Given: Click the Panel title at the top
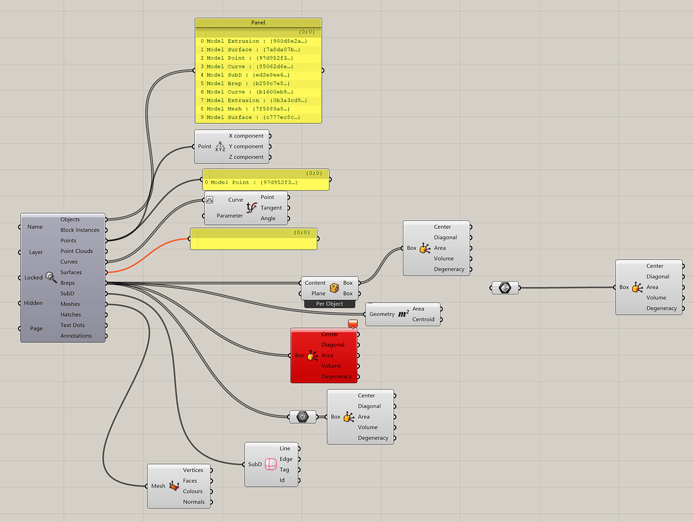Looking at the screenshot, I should coord(258,22).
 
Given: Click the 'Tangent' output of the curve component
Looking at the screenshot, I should coord(271,208).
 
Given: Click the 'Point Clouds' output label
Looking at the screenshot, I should coord(76,251).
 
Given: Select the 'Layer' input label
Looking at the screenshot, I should coord(36,252).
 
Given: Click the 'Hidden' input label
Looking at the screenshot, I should coord(34,303).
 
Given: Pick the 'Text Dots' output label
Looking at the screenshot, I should coord(72,325).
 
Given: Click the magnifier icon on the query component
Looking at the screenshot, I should coord(51,277).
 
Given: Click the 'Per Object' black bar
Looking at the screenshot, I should coord(330,304).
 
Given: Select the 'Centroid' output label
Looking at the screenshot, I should coord(424,319).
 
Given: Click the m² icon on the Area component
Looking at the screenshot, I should coord(403,313).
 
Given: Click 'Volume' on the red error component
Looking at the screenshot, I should coord(331,366).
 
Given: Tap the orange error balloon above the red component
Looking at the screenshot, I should coord(353,324).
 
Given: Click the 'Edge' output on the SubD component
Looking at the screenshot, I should coord(286,459).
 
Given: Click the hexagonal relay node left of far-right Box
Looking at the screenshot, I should coord(505,288).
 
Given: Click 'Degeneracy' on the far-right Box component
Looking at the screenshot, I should coord(661,308).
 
